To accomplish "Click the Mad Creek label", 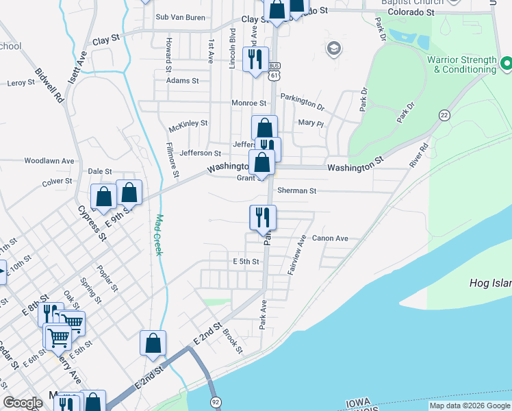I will coord(159,236).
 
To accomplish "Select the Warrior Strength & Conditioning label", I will coord(461,65).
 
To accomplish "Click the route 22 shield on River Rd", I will coord(445,115).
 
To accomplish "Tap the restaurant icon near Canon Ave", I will coord(263,217).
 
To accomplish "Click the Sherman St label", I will coord(296,191).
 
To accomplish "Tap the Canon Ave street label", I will coord(330,238).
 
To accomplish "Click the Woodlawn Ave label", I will coord(49,160).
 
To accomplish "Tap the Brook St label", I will coord(233,340).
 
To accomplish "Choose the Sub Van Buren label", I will coord(181,17).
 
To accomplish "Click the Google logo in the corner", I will coord(23,403).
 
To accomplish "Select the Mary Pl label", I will coord(310,123).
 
